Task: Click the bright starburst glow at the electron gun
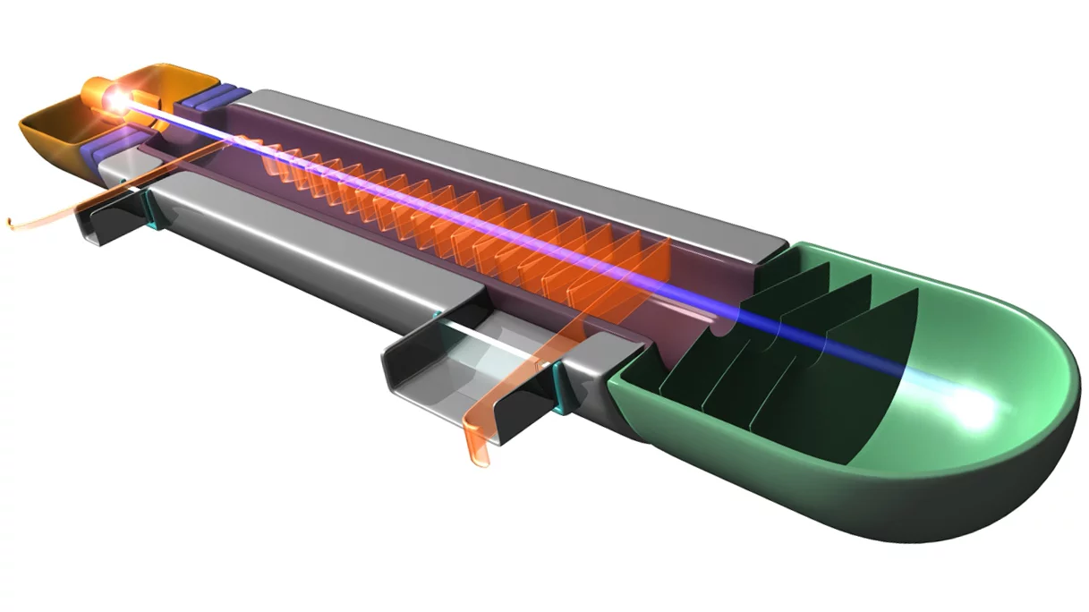coord(116,100)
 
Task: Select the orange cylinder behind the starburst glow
coord(95,92)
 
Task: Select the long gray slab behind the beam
coord(501,161)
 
